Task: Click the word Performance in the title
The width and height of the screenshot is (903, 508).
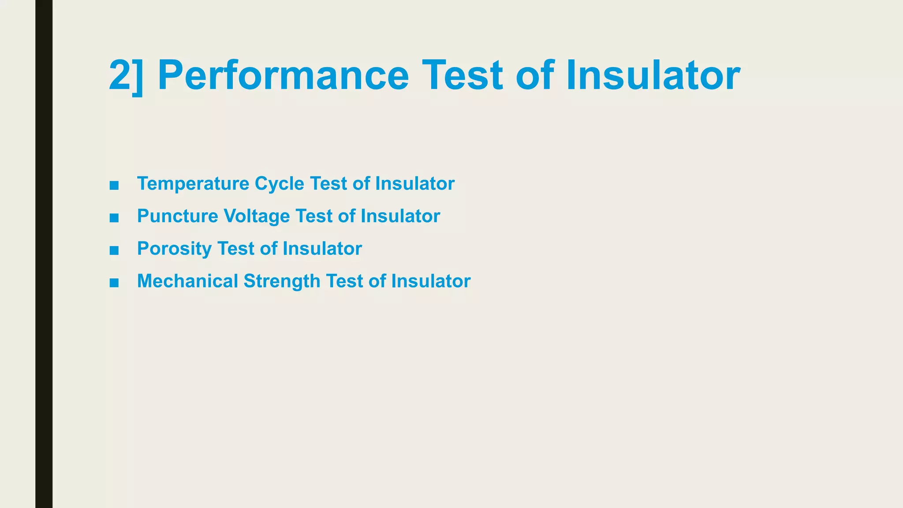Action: pyautogui.click(x=283, y=76)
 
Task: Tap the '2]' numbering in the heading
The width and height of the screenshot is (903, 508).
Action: pyautogui.click(x=126, y=76)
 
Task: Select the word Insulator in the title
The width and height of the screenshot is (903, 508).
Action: pyautogui.click(x=653, y=76)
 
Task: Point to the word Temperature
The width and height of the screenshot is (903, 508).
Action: pyautogui.click(x=193, y=184)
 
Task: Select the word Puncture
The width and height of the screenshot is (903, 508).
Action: pyautogui.click(x=177, y=217)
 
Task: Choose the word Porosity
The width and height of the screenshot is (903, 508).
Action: pyautogui.click(x=174, y=249)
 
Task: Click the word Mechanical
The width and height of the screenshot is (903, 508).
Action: pyautogui.click(x=187, y=281)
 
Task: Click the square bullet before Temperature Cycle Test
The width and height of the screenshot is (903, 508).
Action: pyautogui.click(x=114, y=185)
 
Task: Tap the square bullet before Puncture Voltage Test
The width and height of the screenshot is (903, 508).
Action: pyautogui.click(x=114, y=218)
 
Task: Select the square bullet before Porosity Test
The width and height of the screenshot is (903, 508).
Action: pyautogui.click(x=114, y=250)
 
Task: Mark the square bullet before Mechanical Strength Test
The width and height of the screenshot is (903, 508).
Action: pyautogui.click(x=114, y=283)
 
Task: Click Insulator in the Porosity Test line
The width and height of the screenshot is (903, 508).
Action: pyautogui.click(x=322, y=249)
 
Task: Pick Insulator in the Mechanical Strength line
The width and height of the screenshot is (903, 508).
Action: pyautogui.click(x=431, y=281)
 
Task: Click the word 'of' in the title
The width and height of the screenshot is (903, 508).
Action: pyautogui.click(x=534, y=76)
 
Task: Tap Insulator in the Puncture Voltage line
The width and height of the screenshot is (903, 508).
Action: pyautogui.click(x=400, y=217)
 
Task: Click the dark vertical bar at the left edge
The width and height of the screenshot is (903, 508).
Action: pyautogui.click(x=44, y=254)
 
